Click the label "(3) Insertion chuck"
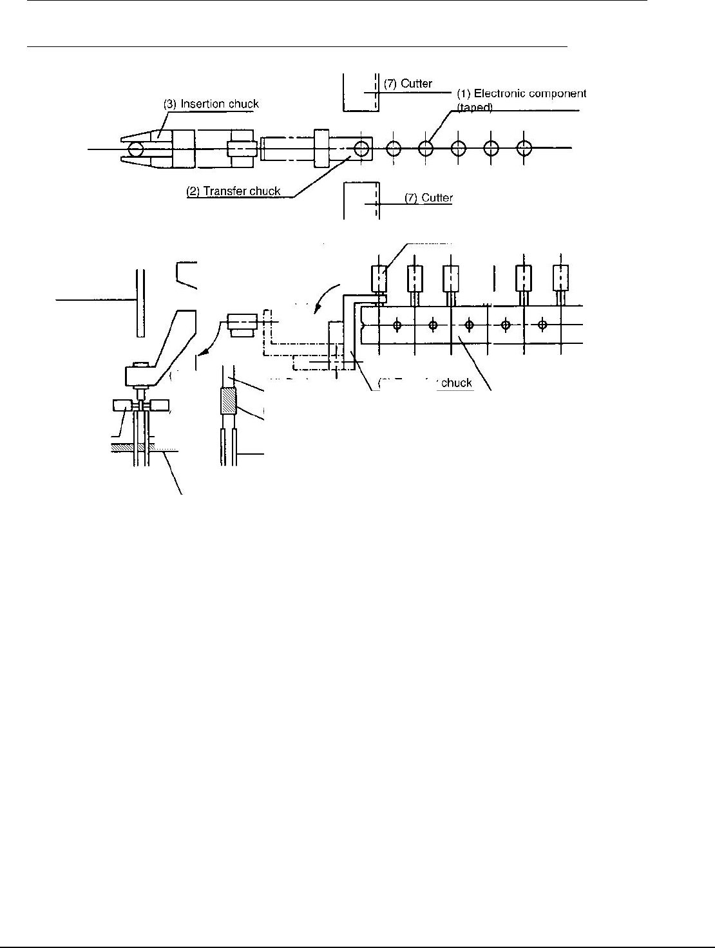(x=211, y=104)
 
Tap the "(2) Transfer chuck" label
(x=233, y=191)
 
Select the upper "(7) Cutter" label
(x=408, y=84)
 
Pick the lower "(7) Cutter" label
(x=428, y=198)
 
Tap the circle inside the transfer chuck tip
(x=362, y=148)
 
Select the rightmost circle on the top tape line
(x=525, y=148)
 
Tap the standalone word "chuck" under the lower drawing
(x=457, y=383)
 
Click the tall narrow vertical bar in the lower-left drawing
(x=140, y=303)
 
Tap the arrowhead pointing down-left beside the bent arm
(x=202, y=352)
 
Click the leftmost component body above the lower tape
(x=379, y=278)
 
